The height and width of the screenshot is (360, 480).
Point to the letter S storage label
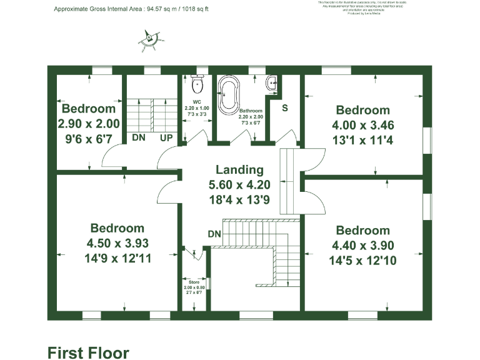point(285,107)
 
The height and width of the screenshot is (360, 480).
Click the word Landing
point(239,169)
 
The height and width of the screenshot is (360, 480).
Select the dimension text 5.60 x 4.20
point(239,184)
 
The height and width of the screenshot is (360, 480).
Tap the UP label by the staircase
point(166,137)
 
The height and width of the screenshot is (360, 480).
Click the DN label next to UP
point(138,137)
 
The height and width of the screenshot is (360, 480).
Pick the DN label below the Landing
point(214,234)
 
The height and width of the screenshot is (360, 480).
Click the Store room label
point(194,282)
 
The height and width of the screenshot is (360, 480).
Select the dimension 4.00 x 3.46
point(362,126)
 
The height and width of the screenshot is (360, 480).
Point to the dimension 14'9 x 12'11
point(117,257)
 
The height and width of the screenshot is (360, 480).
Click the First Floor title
point(88,352)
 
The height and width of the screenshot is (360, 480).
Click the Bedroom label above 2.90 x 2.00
point(88,109)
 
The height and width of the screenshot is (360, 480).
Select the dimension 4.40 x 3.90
point(362,246)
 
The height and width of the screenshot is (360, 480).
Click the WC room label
point(197,101)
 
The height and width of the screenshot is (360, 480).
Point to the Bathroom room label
point(251,110)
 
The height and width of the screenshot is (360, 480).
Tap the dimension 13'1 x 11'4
point(362,141)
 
